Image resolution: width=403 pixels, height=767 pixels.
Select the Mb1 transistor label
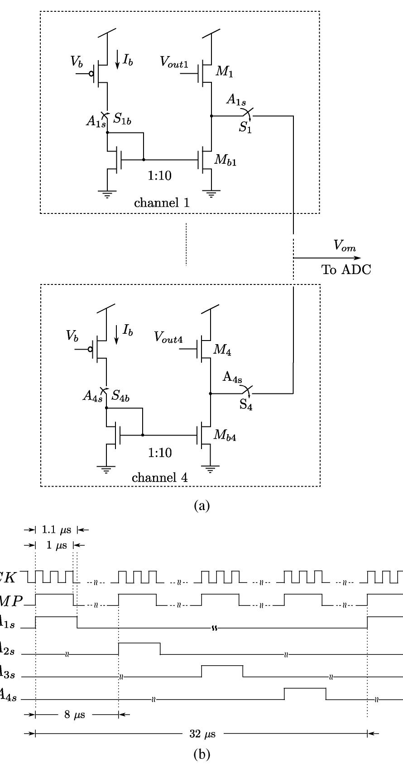(x=225, y=161)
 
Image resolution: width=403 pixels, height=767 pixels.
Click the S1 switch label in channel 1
(x=245, y=128)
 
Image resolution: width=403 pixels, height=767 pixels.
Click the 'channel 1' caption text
(x=162, y=203)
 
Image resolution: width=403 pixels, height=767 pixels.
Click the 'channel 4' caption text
(x=160, y=478)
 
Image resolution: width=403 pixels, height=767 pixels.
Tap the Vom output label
(x=345, y=246)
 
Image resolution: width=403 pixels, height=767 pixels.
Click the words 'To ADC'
(x=346, y=270)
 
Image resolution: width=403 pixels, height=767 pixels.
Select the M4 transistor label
(x=222, y=350)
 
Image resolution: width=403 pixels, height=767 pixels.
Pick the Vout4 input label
(x=168, y=337)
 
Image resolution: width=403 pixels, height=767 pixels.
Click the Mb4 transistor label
(x=225, y=435)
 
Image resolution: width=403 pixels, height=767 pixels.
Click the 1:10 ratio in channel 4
(x=160, y=453)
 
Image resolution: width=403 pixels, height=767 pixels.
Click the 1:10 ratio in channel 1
(x=160, y=175)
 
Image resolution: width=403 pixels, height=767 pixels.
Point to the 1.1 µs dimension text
(x=56, y=530)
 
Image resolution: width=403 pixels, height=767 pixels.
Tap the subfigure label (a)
(x=201, y=505)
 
